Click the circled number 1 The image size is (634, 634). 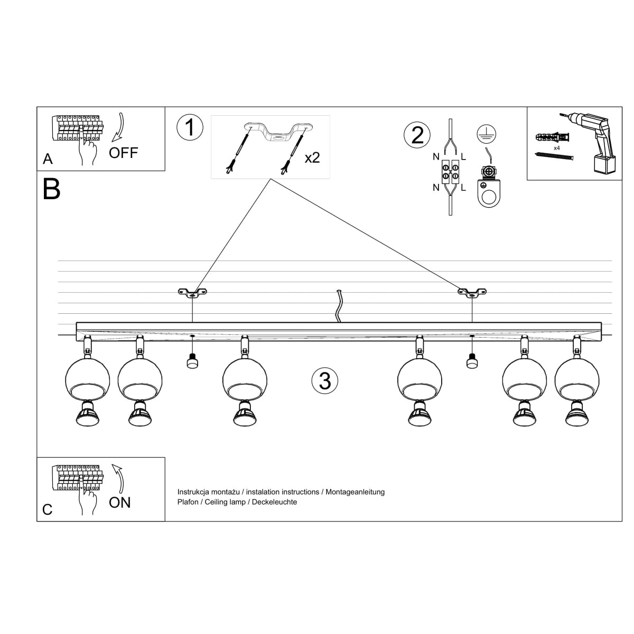(190, 128)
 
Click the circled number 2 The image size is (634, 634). (417, 135)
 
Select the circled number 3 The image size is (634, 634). (324, 380)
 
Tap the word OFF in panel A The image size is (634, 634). (123, 153)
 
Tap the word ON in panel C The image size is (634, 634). (119, 502)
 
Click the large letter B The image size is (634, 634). (51, 189)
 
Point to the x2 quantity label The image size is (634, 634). (312, 157)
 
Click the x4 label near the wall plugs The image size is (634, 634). (556, 148)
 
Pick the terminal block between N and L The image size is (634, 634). (449, 172)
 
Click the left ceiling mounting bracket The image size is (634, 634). (192, 292)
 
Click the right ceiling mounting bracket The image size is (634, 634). (472, 292)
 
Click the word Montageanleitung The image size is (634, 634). (355, 492)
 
